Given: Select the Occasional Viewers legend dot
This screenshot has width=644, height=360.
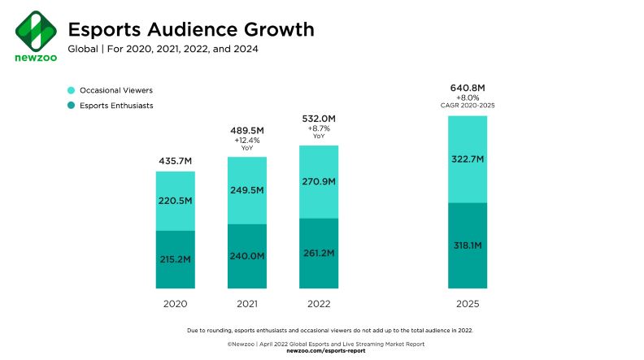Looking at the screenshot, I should pyautogui.click(x=72, y=90).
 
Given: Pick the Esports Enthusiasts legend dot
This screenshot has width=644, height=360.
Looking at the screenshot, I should pyautogui.click(x=72, y=106).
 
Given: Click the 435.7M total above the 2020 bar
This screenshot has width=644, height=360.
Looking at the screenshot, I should pyautogui.click(x=175, y=162).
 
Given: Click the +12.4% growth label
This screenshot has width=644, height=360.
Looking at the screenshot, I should pyautogui.click(x=246, y=141).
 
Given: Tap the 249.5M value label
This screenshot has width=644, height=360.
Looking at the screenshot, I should pyautogui.click(x=246, y=190).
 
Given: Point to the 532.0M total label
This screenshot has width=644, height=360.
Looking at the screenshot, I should pyautogui.click(x=319, y=119).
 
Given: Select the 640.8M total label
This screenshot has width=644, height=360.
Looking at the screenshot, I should pyautogui.click(x=468, y=87).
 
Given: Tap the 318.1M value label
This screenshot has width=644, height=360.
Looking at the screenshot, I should pyautogui.click(x=468, y=244).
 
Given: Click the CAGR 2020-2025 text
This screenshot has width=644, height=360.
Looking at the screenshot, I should pyautogui.click(x=468, y=106).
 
